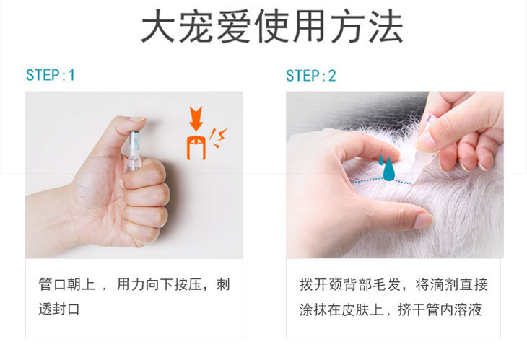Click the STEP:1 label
51,75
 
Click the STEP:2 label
311,76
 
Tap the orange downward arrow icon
196,118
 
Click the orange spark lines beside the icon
218,138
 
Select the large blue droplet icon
389,170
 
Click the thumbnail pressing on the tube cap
137,118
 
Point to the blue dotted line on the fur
381,181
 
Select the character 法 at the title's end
386,26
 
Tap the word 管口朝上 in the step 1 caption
67,284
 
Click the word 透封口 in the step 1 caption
58,309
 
